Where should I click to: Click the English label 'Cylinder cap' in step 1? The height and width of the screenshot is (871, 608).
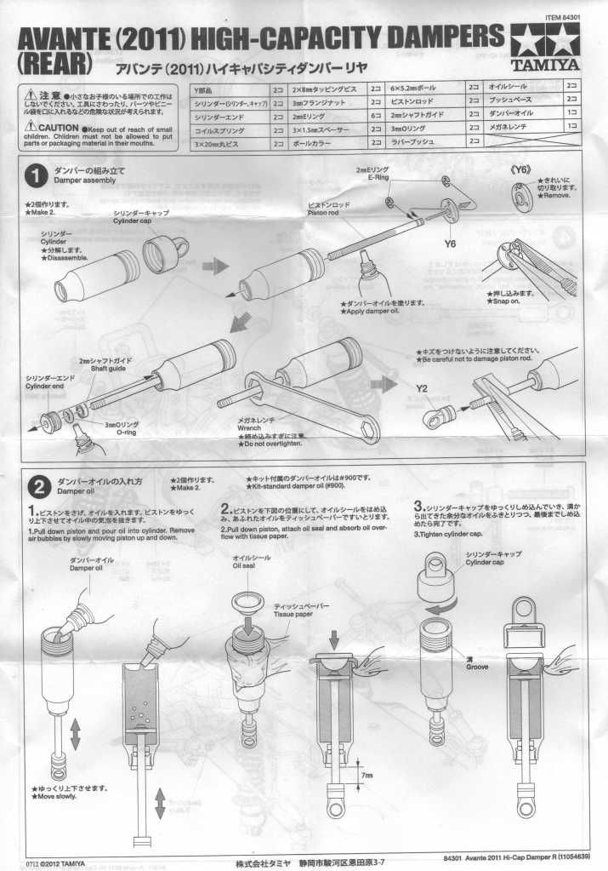click(138, 220)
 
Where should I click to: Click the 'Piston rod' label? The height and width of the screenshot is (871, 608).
click(324, 214)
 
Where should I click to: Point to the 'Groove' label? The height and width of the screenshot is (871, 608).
click(477, 667)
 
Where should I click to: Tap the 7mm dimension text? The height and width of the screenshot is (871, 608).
click(367, 776)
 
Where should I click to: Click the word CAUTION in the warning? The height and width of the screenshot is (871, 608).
click(57, 127)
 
